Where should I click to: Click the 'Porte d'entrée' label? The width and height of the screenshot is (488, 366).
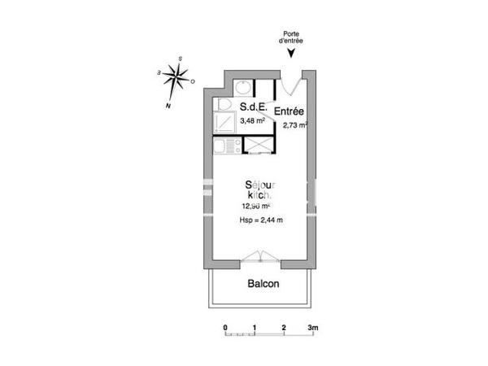pos(292,37)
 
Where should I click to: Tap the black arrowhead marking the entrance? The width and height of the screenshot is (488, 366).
pos(292,54)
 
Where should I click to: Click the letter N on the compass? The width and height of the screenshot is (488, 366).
pos(168,106)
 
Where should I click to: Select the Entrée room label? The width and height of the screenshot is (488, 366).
pos(290,111)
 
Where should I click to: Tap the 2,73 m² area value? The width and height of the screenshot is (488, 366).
pos(294,125)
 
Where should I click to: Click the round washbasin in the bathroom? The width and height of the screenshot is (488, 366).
pos(242,88)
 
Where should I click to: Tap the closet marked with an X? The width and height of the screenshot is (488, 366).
pos(258,146)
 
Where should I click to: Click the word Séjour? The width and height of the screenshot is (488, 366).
pos(260,185)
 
